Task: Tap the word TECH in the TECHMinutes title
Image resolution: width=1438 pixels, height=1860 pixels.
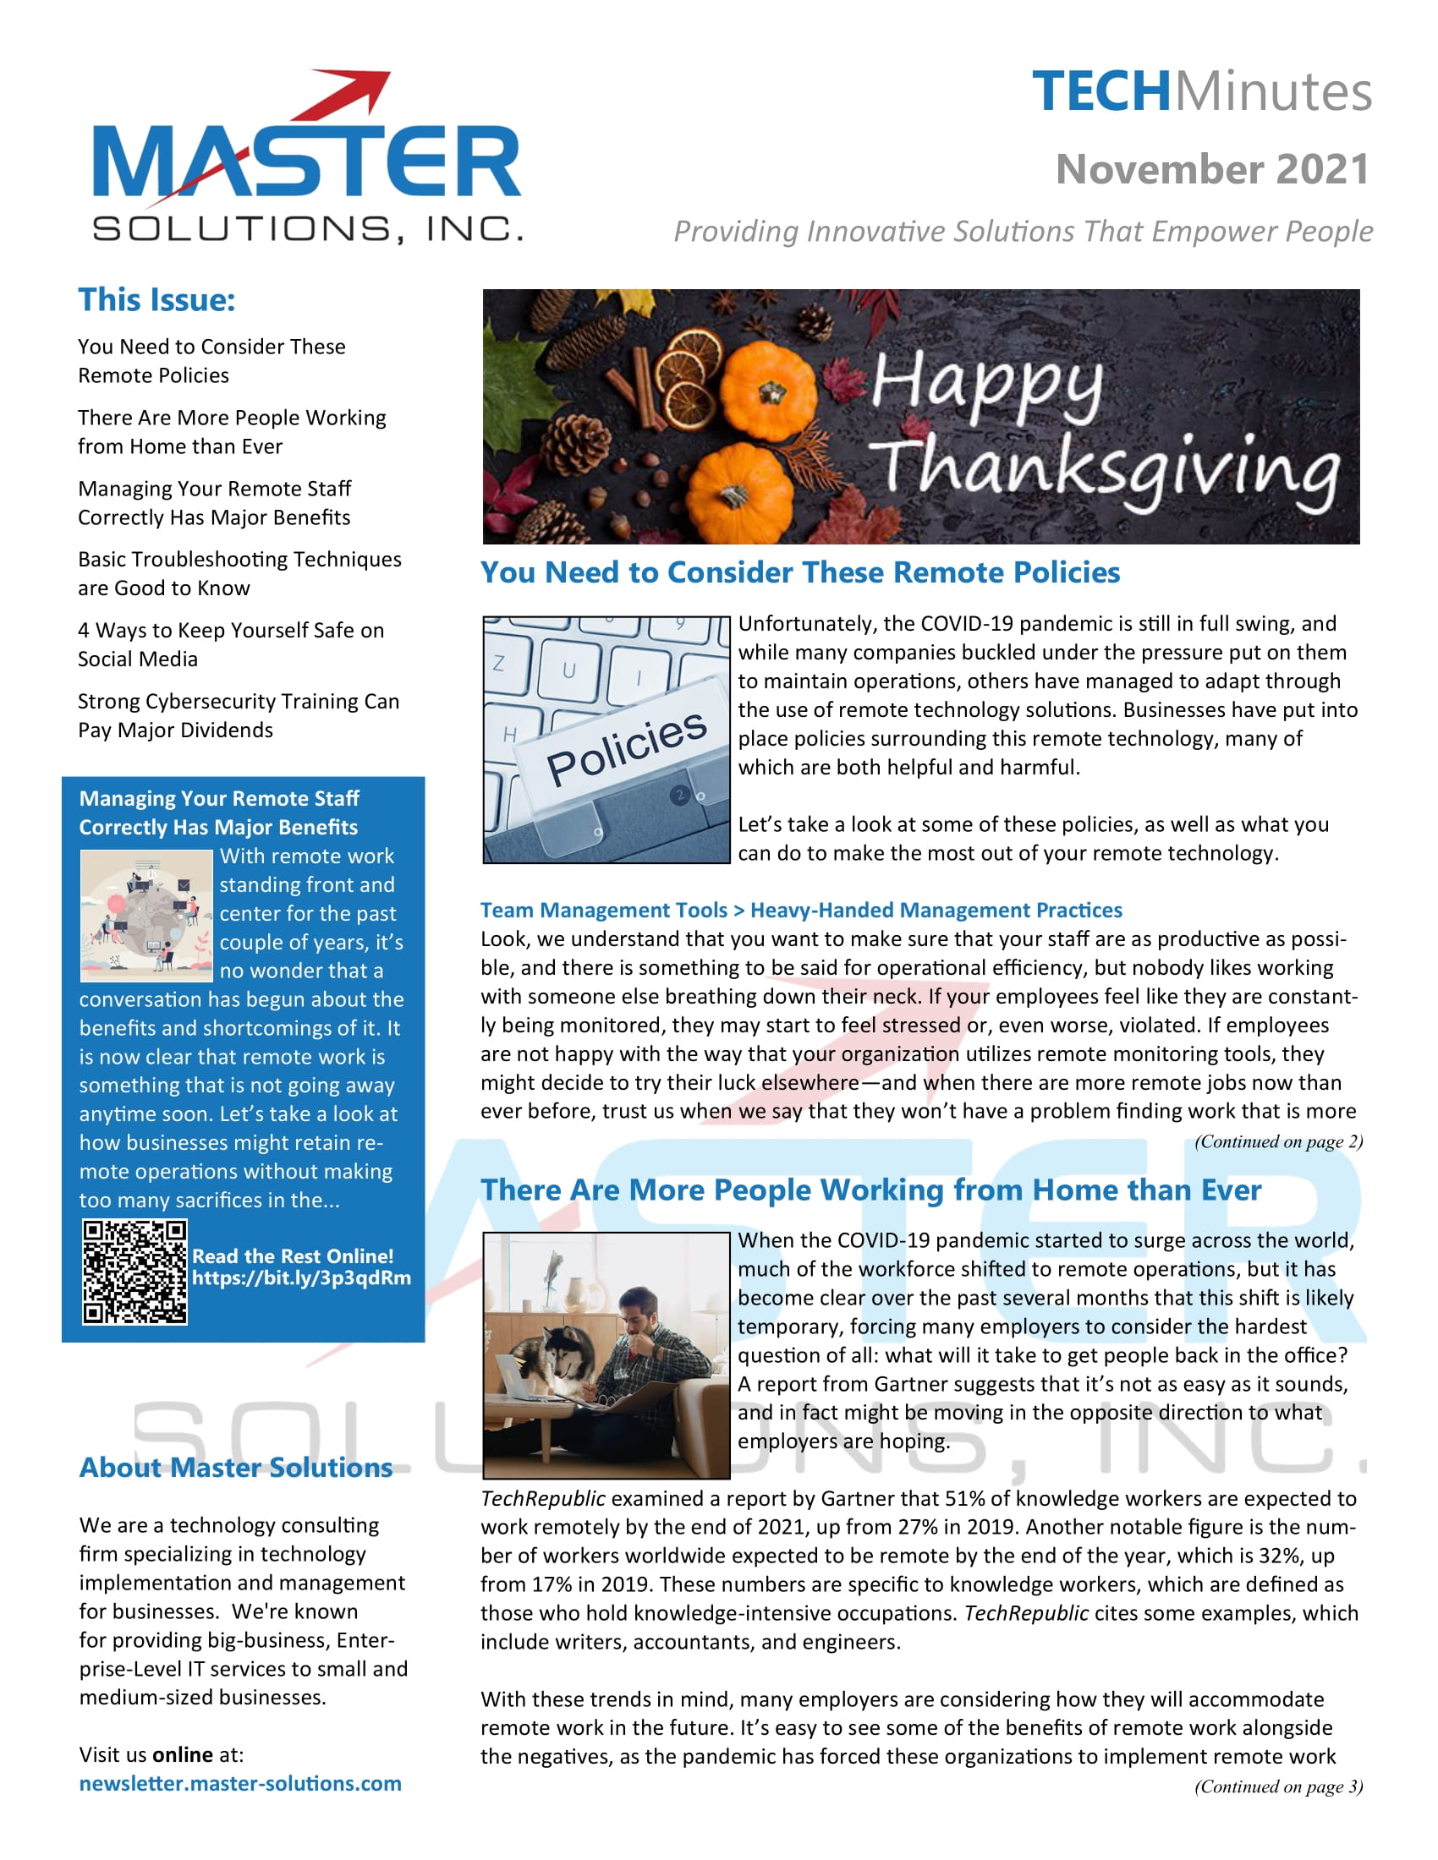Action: click(1101, 92)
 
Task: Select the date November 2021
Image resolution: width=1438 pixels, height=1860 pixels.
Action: click(1211, 168)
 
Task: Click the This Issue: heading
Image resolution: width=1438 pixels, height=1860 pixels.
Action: click(156, 300)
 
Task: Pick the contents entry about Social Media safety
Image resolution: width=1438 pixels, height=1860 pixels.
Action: click(230, 645)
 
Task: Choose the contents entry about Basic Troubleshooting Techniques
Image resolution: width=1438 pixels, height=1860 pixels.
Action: click(239, 573)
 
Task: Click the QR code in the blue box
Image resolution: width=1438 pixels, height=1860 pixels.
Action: click(134, 1272)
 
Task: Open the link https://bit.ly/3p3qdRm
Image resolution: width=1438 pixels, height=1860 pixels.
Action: click(301, 1277)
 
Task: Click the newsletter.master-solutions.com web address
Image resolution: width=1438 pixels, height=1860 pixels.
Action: click(239, 1782)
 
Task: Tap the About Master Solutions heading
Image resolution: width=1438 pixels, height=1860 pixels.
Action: click(236, 1467)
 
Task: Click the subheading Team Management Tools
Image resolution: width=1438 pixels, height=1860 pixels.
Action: click(603, 910)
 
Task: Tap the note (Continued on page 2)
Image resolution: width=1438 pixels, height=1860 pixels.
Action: click(1278, 1141)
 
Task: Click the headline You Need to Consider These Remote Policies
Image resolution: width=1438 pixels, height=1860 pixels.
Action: click(799, 572)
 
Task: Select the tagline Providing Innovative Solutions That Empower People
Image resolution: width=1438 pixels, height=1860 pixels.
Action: click(1023, 231)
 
